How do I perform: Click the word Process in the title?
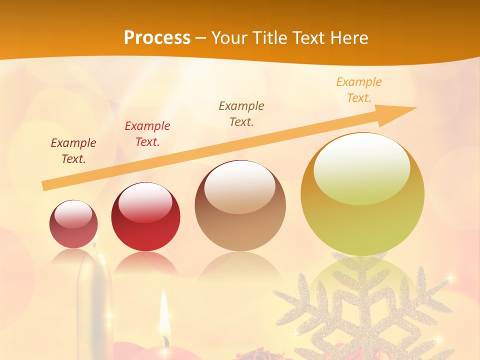tap(157, 38)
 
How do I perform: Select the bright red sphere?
tap(145, 217)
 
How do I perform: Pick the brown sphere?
tap(240, 205)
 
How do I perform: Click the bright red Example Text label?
tap(147, 134)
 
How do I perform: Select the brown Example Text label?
tap(241, 114)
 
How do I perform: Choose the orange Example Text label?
tap(358, 90)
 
